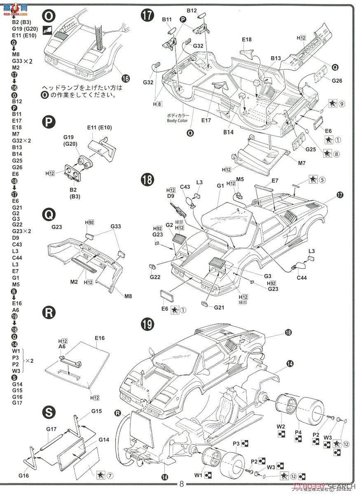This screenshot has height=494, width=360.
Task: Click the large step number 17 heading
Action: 147,15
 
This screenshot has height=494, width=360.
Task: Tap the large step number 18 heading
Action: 147,180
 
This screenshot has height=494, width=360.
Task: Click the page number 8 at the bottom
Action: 182,484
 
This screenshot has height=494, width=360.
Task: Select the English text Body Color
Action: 178,121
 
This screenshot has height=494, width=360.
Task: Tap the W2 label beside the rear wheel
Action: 281,426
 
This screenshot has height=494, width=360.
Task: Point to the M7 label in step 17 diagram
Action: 302,163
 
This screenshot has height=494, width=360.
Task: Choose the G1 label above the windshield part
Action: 220,186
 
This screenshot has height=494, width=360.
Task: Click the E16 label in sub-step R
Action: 99,338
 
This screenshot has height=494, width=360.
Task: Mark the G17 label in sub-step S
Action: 51,429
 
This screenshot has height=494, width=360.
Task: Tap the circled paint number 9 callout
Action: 342,104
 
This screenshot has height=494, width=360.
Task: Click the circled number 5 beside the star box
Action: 322,179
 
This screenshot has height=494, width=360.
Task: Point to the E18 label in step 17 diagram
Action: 247,40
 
